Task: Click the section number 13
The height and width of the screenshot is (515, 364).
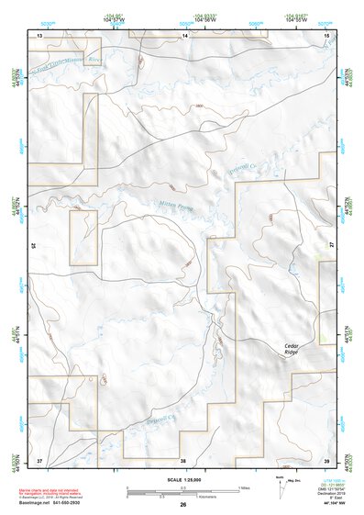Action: [39, 35]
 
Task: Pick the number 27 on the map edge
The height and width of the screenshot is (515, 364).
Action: [332, 246]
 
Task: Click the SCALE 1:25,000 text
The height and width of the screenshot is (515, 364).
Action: [182, 479]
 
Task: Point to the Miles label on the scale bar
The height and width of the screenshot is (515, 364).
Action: [243, 487]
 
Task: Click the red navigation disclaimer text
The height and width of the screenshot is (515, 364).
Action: [46, 493]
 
